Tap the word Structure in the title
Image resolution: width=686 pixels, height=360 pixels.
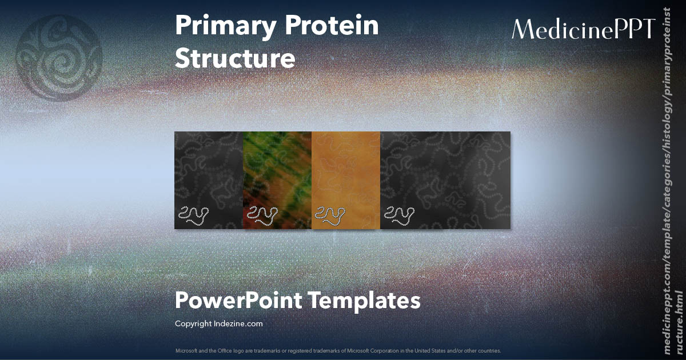coord(235,59)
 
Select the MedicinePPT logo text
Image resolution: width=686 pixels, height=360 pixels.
coord(583,29)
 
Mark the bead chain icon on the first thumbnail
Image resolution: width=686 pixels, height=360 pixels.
coord(192,214)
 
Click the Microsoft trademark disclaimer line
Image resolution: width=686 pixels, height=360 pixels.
coord(338,350)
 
